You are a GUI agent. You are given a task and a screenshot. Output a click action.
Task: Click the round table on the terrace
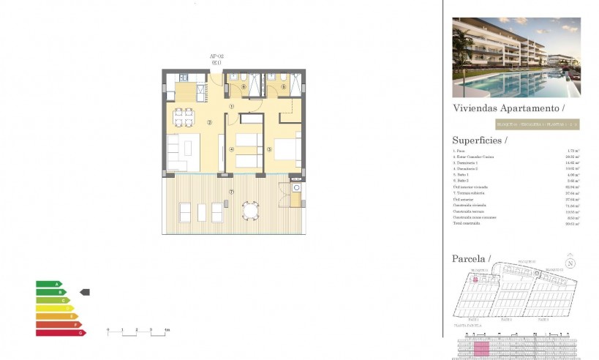point(251,211)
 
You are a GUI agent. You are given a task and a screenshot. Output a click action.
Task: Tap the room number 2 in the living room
point(210,122)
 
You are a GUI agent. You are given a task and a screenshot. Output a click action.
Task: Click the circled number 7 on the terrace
point(231,192)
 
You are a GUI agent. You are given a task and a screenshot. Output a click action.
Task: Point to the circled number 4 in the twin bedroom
point(231,150)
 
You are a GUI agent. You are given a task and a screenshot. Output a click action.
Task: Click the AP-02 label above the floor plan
point(216,56)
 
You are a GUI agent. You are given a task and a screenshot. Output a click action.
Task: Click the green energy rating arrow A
point(49,284)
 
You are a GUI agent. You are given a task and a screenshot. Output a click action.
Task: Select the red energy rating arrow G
point(61,333)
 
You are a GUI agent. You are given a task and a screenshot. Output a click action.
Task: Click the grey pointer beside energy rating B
point(84,292)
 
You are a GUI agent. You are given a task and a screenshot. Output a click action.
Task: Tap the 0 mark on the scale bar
point(108,331)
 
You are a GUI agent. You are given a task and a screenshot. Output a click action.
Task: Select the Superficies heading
point(480,140)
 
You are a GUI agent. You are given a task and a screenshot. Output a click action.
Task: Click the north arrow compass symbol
point(570,263)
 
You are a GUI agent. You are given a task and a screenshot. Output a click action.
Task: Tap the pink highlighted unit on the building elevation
point(481,349)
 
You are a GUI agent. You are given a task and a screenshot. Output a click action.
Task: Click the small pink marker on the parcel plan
point(475,280)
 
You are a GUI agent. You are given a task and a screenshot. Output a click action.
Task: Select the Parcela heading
point(472,258)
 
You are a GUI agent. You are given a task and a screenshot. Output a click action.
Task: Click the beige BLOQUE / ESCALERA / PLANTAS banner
point(537,124)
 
